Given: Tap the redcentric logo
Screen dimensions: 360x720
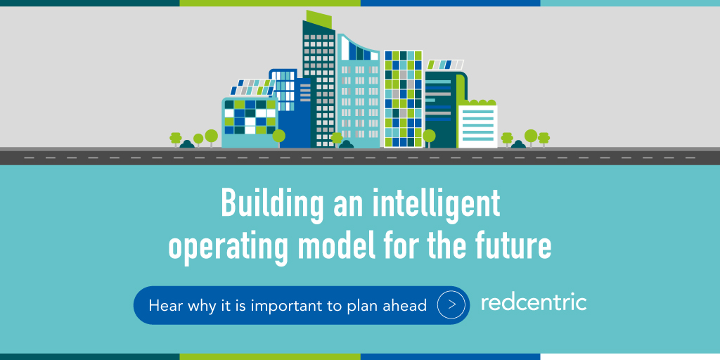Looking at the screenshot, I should click(534, 303).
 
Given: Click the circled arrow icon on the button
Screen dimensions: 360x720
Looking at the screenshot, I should click(452, 305).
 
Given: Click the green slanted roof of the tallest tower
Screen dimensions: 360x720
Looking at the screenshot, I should click(319, 18).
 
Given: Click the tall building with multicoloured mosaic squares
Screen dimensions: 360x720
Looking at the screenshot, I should click(403, 98).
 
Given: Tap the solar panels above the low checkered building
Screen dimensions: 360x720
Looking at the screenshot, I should click(250, 88).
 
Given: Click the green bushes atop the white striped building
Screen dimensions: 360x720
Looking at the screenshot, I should click(477, 102).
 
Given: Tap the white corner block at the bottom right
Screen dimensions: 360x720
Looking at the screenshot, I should click(630, 356).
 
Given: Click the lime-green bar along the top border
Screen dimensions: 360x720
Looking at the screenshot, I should click(270, 3).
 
